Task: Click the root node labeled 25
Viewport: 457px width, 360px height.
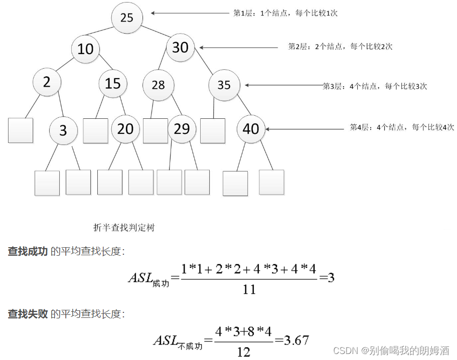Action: (x=127, y=18)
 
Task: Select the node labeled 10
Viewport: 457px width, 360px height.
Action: (x=86, y=49)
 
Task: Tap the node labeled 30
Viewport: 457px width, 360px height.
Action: (x=180, y=47)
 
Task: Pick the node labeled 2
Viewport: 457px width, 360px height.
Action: (x=47, y=82)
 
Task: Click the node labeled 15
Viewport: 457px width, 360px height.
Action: (x=113, y=83)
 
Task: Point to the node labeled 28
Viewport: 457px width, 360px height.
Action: (x=158, y=85)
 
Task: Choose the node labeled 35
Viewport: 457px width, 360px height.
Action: (x=224, y=85)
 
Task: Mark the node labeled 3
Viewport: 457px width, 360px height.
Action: (x=63, y=130)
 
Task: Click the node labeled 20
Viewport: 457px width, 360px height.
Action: (x=125, y=129)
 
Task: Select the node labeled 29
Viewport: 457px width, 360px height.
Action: (x=182, y=129)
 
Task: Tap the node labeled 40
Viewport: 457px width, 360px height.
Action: (x=251, y=129)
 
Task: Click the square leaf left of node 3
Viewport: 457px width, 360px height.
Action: (x=21, y=130)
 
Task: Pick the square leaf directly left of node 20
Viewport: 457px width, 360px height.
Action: (x=96, y=130)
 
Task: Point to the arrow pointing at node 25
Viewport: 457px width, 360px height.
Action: (x=190, y=14)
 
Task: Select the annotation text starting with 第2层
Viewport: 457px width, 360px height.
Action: (x=340, y=47)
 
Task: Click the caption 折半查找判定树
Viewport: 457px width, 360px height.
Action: (x=124, y=227)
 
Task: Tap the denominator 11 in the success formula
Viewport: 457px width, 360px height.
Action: (x=249, y=289)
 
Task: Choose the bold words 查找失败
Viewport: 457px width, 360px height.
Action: (x=28, y=314)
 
